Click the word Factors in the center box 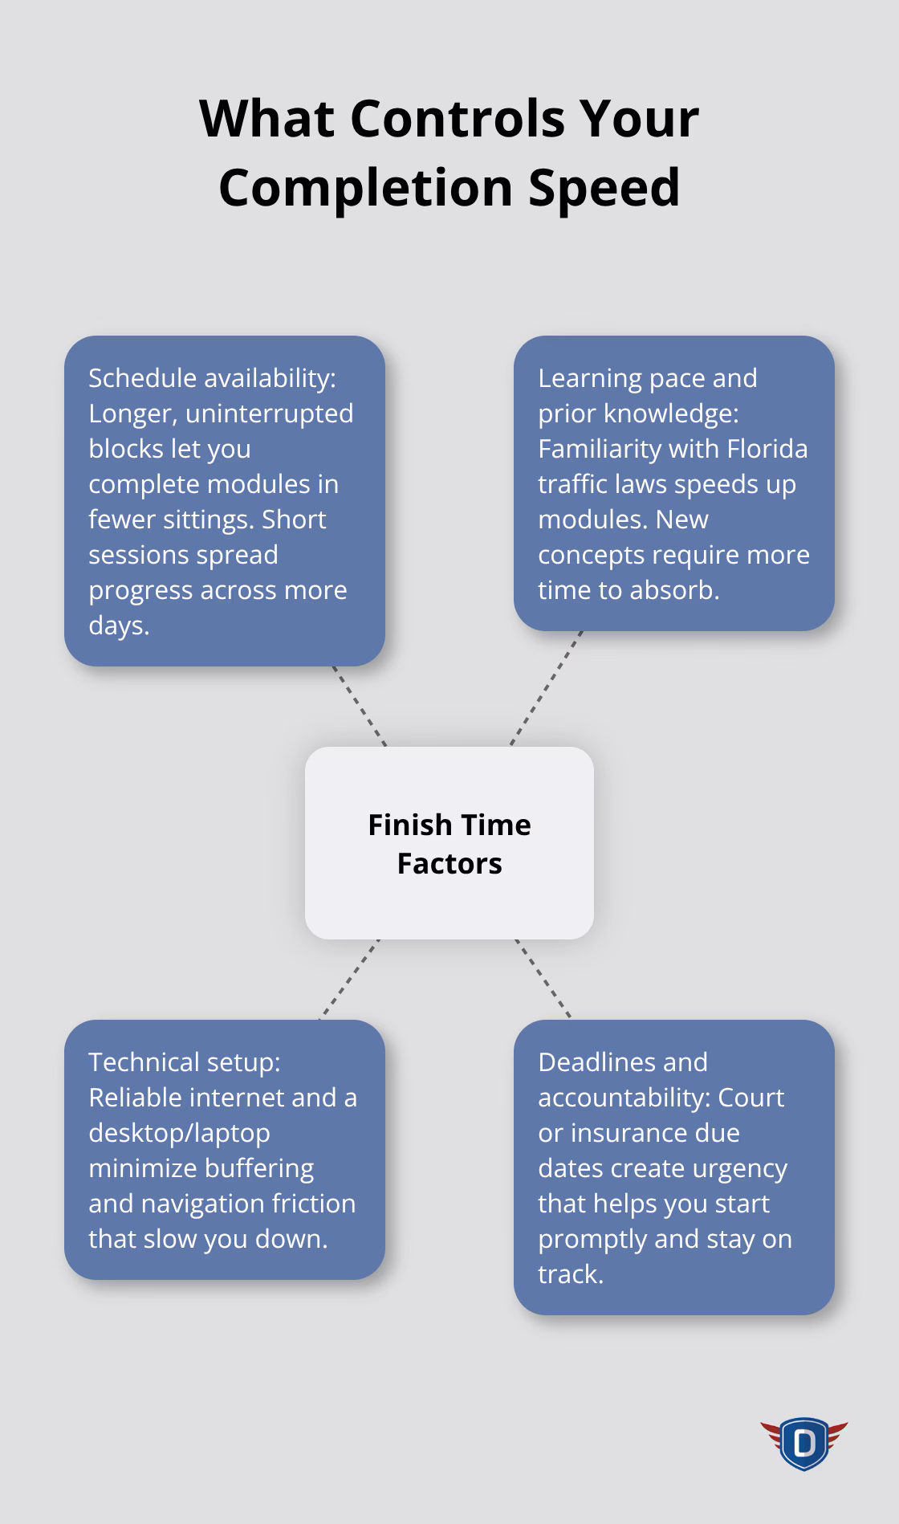[x=449, y=864]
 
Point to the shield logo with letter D [x=803, y=1443]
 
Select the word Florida [x=767, y=449]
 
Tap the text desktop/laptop [x=179, y=1133]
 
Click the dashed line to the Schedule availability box [x=360, y=706]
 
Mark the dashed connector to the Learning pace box [x=547, y=688]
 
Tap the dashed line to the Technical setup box [x=350, y=980]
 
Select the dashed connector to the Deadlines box [x=543, y=979]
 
